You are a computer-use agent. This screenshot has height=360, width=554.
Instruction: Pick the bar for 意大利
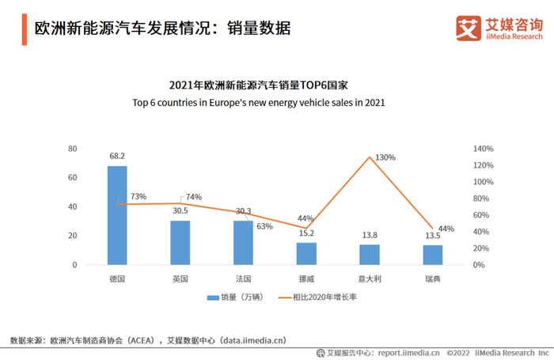pos(369,255)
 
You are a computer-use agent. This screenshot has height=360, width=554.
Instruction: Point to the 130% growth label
pos(385,157)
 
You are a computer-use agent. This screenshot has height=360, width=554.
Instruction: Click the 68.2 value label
pos(117,157)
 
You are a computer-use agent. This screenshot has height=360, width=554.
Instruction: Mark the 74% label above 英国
pos(194,197)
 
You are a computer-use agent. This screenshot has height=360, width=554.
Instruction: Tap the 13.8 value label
pos(369,235)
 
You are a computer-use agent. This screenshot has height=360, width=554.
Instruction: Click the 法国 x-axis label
pos(243,279)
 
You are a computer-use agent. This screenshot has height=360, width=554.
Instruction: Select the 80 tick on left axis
pos(72,149)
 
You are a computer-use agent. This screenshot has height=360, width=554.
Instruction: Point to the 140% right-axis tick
pos(484,149)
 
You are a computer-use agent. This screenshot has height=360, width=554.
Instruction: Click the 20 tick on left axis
pos(72,236)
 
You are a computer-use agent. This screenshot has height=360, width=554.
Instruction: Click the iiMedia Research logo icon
pos(468,28)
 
